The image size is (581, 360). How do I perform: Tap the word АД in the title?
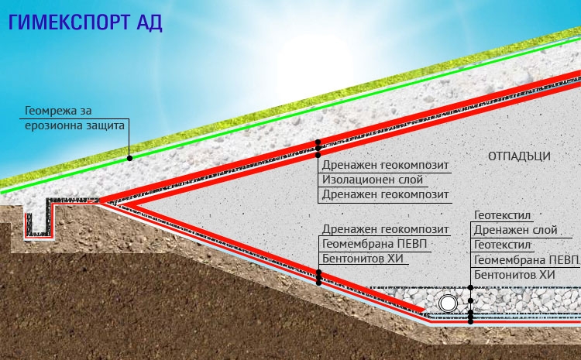[147, 22]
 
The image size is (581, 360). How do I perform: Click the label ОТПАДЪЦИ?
[519, 156]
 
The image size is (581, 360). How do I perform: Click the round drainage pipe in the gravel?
[448, 301]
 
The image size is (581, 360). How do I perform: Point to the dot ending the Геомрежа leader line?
[129, 158]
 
